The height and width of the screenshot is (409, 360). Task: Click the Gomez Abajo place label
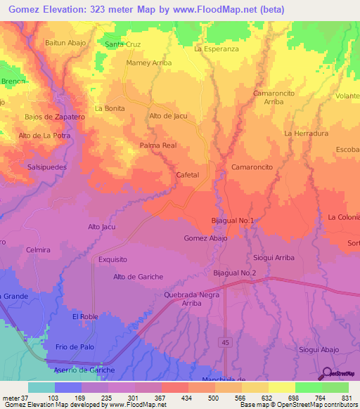[x=206, y=238]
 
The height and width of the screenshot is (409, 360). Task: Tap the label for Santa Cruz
[x=123, y=44]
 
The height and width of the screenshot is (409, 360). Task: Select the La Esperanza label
[x=217, y=50]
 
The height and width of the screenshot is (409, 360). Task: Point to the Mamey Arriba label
[x=148, y=63]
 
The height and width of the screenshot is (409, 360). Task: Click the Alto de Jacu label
[x=168, y=116]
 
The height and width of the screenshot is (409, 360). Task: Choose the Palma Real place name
[x=157, y=145]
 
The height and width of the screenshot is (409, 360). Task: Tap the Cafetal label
[x=188, y=174]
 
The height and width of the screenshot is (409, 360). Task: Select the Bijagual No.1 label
[x=232, y=221]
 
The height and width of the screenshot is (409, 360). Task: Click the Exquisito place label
[x=112, y=259]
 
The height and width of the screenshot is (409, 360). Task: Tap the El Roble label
[x=85, y=317]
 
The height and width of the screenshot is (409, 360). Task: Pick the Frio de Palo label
[x=75, y=347]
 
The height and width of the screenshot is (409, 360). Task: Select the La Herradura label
[x=306, y=134]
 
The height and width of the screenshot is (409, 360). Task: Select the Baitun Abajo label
[x=65, y=43]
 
